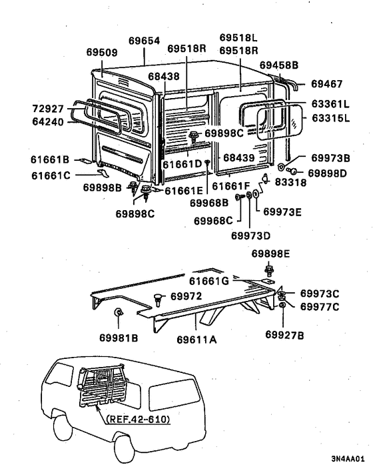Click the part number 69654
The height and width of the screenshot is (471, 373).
[144, 41]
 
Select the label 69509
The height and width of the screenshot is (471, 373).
[101, 51]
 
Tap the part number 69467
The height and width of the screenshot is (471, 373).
[326, 84]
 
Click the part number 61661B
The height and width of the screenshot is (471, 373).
[50, 159]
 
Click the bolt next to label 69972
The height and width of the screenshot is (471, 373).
[158, 297]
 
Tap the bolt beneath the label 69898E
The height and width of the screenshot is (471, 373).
[269, 270]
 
